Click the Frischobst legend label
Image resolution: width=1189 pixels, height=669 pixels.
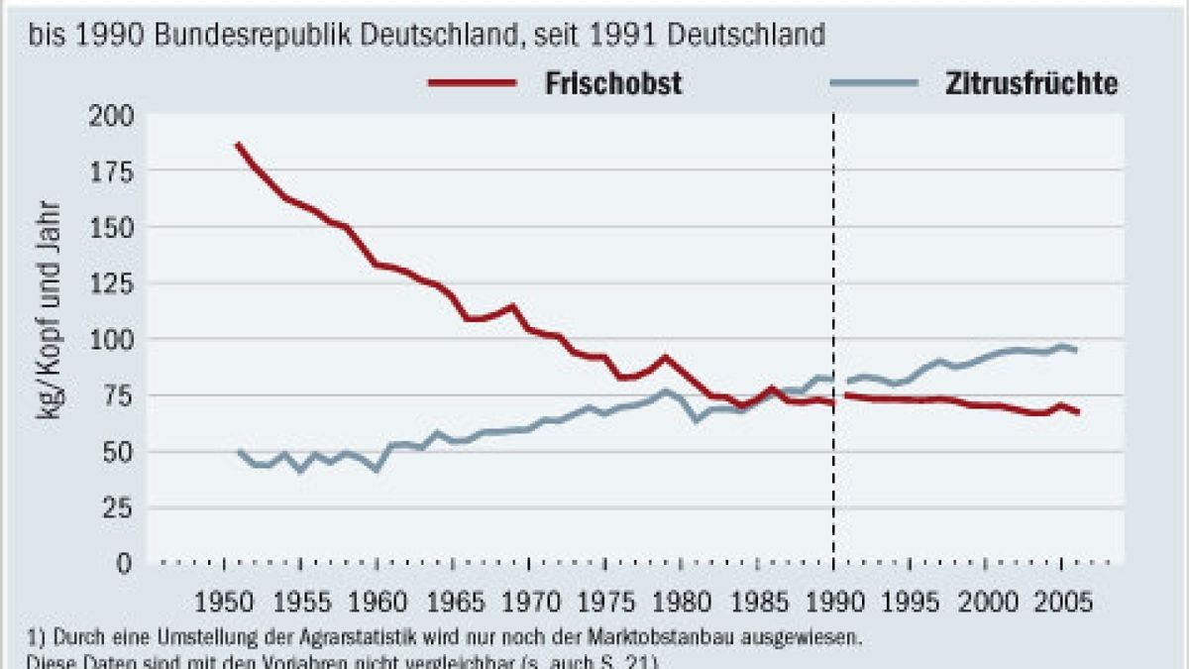tap(612, 84)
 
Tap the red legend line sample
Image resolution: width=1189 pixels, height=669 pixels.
tap(472, 84)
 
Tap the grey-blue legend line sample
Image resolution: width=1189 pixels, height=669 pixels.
tap(874, 84)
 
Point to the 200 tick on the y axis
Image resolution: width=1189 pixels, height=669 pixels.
tap(111, 115)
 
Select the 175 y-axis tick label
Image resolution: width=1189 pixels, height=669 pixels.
tap(111, 171)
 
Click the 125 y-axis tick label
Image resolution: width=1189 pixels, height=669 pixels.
tap(111, 283)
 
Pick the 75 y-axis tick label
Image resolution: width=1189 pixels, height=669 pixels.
tap(117, 395)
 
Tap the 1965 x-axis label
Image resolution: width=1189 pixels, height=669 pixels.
tap(452, 603)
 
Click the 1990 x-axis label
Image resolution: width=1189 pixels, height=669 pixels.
tap(833, 603)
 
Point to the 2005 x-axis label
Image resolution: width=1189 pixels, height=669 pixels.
tap(1061, 603)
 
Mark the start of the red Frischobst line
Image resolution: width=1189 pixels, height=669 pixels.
tap(237, 145)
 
